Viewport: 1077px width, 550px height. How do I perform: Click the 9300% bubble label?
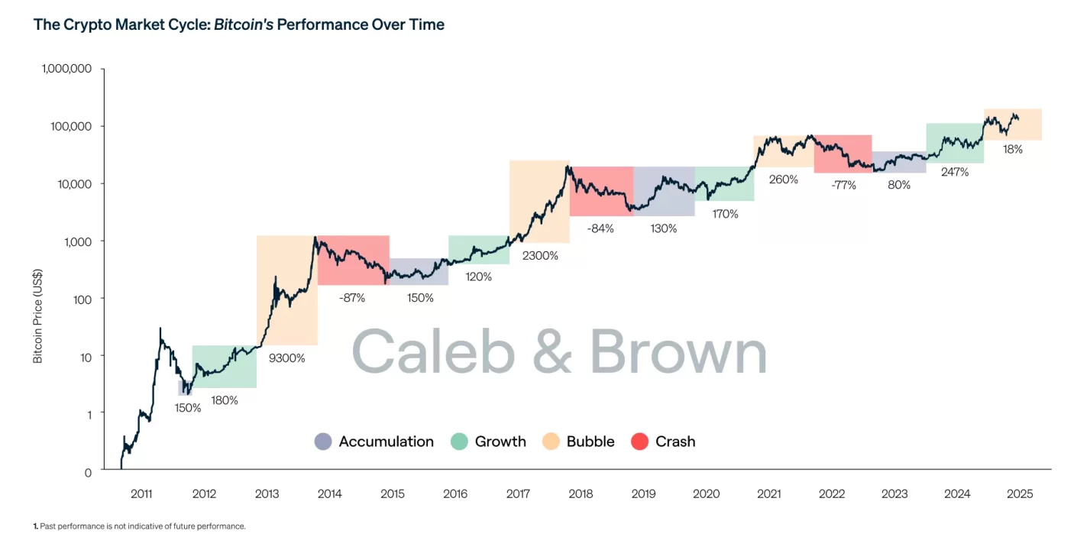(286, 357)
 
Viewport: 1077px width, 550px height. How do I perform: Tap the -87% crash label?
(352, 298)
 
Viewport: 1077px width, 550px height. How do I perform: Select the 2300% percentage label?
(540, 256)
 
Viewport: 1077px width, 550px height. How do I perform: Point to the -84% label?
(601, 228)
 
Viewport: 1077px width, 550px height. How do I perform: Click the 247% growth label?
(955, 172)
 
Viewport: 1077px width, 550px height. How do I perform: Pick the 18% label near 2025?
(1013, 150)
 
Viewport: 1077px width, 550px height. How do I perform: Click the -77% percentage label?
(844, 184)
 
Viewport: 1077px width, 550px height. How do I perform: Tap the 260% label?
(784, 180)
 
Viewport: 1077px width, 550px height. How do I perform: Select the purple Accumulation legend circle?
(323, 442)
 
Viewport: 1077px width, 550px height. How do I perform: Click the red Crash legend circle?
(640, 442)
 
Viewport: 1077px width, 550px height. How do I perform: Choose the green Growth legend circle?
(459, 442)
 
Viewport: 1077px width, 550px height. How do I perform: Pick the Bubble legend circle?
(551, 442)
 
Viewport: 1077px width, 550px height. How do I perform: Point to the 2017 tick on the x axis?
(519, 494)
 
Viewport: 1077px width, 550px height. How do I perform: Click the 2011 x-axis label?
(141, 494)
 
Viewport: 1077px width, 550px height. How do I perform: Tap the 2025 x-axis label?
(1020, 494)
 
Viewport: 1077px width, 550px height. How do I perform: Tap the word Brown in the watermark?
(678, 353)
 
